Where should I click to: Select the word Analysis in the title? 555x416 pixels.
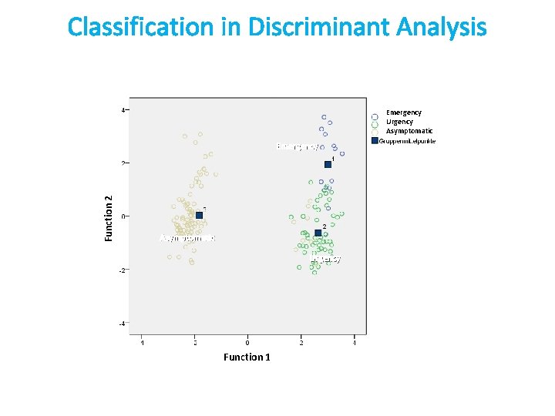(x=442, y=28)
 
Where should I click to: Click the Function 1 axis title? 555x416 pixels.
(x=247, y=357)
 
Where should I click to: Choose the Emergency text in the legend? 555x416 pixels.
(x=404, y=112)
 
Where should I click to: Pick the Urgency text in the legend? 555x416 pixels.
(x=399, y=122)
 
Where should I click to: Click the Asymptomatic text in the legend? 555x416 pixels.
(x=409, y=131)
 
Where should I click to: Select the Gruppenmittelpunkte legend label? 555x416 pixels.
(x=408, y=141)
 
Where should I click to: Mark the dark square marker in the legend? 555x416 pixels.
(x=374, y=141)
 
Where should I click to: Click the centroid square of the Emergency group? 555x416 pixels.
(x=328, y=164)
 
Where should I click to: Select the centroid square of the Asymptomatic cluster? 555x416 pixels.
(x=199, y=216)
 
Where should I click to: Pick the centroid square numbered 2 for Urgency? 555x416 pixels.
(x=318, y=233)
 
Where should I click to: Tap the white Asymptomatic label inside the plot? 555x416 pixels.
(x=187, y=238)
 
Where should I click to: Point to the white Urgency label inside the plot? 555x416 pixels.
(x=326, y=260)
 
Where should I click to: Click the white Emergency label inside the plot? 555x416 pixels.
(x=297, y=146)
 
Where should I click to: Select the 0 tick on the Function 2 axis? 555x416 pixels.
(x=123, y=216)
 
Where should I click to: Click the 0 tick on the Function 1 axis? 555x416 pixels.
(x=247, y=341)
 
